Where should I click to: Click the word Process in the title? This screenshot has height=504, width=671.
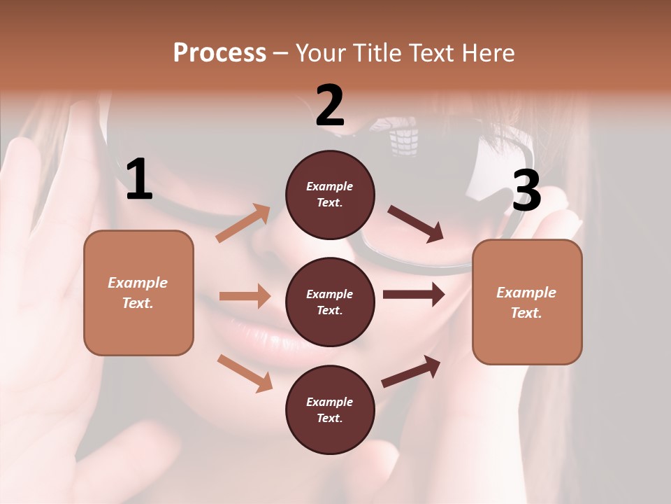pyautogui.click(x=219, y=53)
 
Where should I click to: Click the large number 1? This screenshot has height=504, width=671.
pyautogui.click(x=139, y=180)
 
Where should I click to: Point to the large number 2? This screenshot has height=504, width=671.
pyautogui.click(x=330, y=106)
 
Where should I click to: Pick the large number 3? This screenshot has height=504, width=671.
pyautogui.click(x=526, y=191)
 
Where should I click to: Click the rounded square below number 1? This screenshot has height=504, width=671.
pyautogui.click(x=138, y=293)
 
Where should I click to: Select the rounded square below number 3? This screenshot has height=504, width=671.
pyautogui.click(x=527, y=302)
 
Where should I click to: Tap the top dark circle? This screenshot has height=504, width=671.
pyautogui.click(x=330, y=195)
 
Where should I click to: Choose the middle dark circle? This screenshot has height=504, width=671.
pyautogui.click(x=330, y=302)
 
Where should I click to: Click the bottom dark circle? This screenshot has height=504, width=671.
pyautogui.click(x=330, y=409)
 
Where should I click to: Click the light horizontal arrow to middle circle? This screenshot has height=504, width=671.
pyautogui.click(x=245, y=296)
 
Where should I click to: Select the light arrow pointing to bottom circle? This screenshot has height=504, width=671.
pyautogui.click(x=245, y=372)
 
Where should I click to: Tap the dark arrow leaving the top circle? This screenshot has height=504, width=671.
pyautogui.click(x=416, y=224)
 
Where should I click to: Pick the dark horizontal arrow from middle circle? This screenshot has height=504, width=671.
pyautogui.click(x=414, y=295)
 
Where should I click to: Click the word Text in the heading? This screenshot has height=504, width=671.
pyautogui.click(x=431, y=53)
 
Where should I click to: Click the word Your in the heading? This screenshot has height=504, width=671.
pyautogui.click(x=319, y=53)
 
